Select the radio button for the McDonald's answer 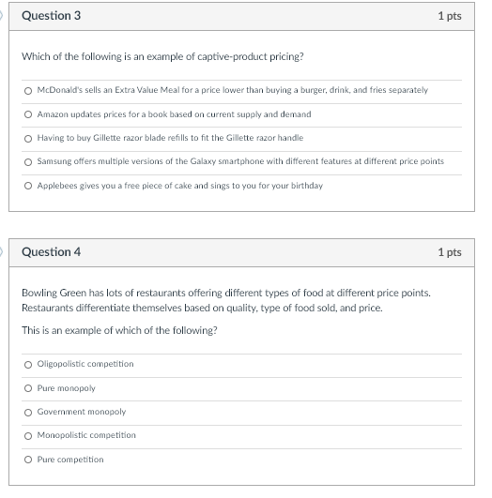tap(29, 90)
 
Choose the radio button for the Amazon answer tap(29, 114)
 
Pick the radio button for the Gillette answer tap(29, 138)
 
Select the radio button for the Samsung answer tap(29, 161)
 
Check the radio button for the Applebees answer tap(29, 186)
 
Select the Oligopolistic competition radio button tap(29, 364)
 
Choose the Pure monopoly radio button tap(29, 388)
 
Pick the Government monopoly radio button tap(29, 412)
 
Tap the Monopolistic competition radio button tap(29, 435)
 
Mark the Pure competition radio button tap(29, 460)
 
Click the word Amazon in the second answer tap(53, 114)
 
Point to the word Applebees tap(58, 186)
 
